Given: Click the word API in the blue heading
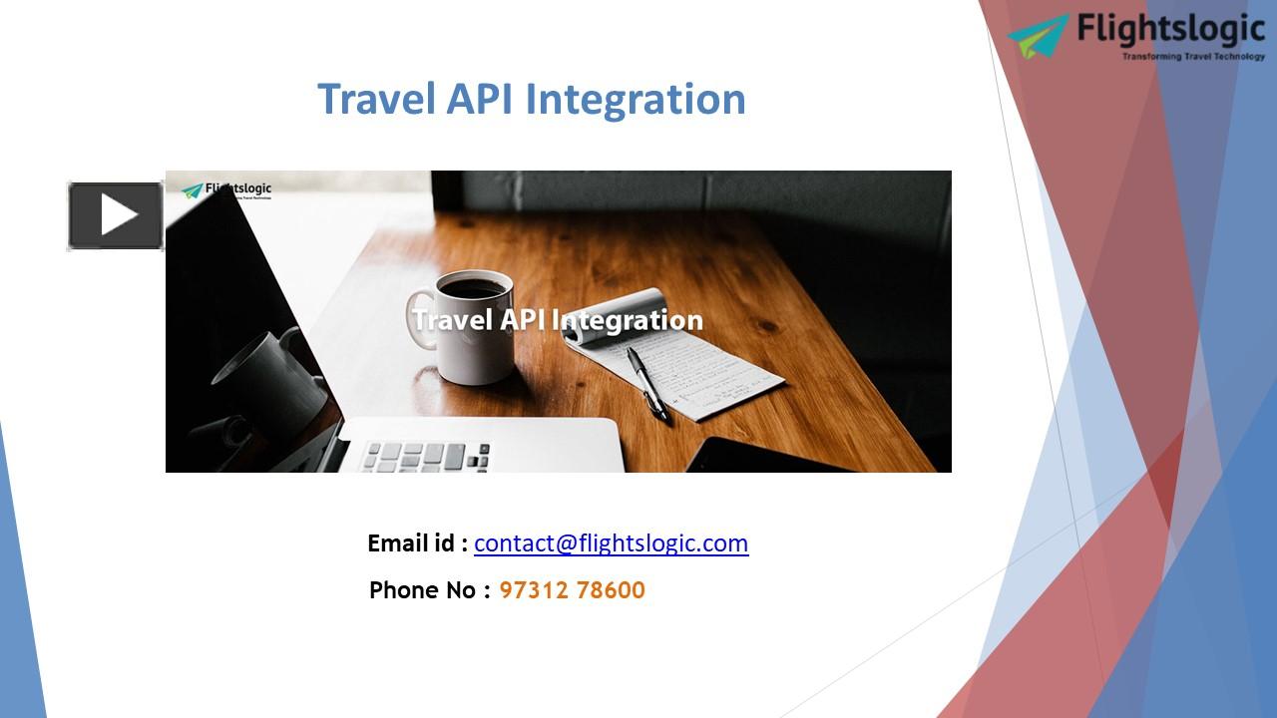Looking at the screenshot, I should (x=481, y=100).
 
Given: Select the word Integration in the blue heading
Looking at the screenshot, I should (x=636, y=100).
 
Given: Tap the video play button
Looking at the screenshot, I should (x=116, y=215).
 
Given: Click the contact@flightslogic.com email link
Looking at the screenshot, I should (x=611, y=543).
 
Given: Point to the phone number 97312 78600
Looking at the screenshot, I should (x=572, y=590).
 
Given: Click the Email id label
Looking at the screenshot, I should (x=417, y=543).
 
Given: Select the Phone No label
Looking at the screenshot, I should (x=429, y=590).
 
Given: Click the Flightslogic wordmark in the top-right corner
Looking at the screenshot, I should (x=1170, y=31).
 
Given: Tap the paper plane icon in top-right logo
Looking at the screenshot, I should (x=1039, y=37).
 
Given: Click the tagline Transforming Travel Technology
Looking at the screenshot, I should (x=1193, y=57).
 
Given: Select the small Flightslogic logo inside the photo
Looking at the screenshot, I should (x=226, y=189).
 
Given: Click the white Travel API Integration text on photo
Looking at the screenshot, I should (x=557, y=320).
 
